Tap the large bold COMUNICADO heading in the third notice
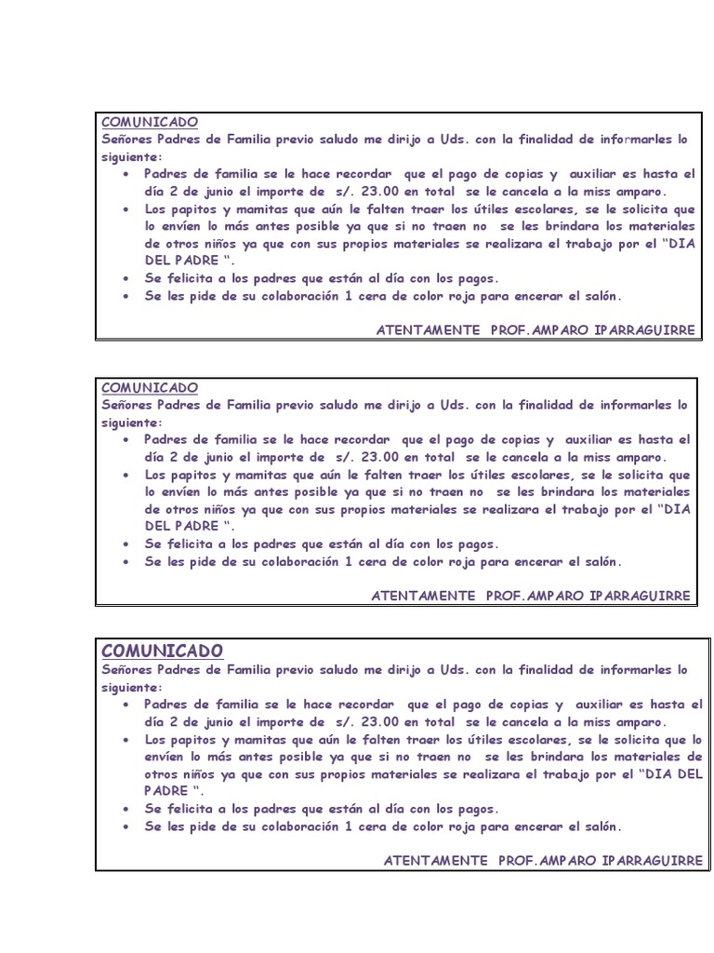pos(162,650)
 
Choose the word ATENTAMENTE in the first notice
pos(429,330)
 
